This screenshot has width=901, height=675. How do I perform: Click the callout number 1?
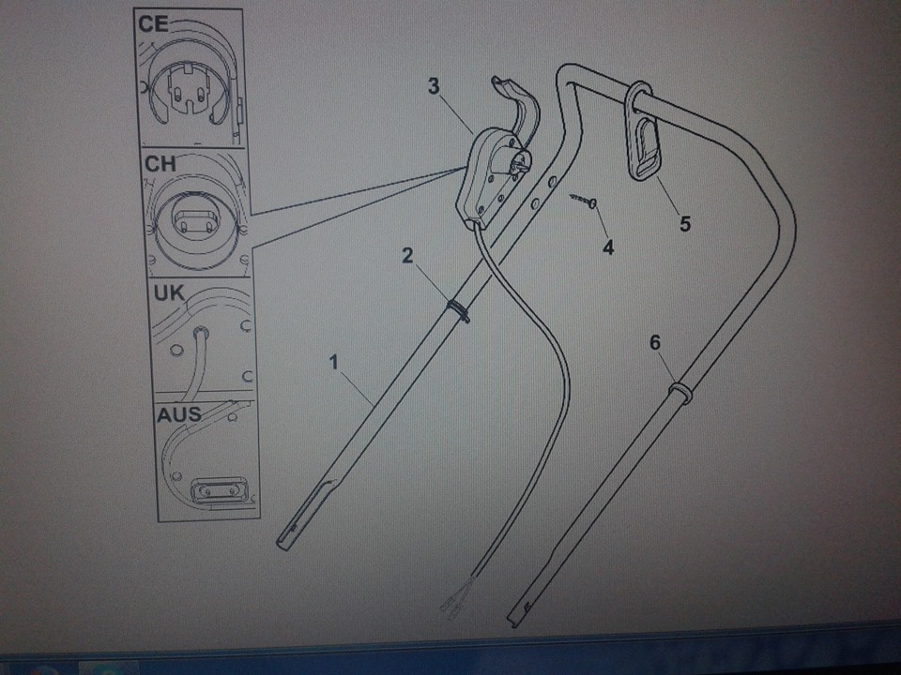point(334,363)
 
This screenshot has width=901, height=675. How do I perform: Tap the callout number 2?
point(407,255)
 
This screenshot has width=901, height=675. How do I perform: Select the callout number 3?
point(434,86)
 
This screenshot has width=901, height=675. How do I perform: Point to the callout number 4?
point(608,247)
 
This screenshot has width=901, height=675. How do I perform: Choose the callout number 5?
point(685,223)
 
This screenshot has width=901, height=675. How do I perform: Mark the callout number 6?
point(655,343)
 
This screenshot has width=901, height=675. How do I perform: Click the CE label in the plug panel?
point(153,24)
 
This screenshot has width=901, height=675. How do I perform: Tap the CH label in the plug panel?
point(160,164)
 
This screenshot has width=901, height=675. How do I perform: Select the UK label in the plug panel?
point(169,293)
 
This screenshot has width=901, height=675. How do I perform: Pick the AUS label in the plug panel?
point(179,414)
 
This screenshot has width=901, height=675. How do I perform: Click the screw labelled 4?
point(585,201)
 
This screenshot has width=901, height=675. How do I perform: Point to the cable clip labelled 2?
point(459,310)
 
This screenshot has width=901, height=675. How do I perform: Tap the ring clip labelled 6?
point(680,393)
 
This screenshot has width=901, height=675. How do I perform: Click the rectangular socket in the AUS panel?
point(220,491)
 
